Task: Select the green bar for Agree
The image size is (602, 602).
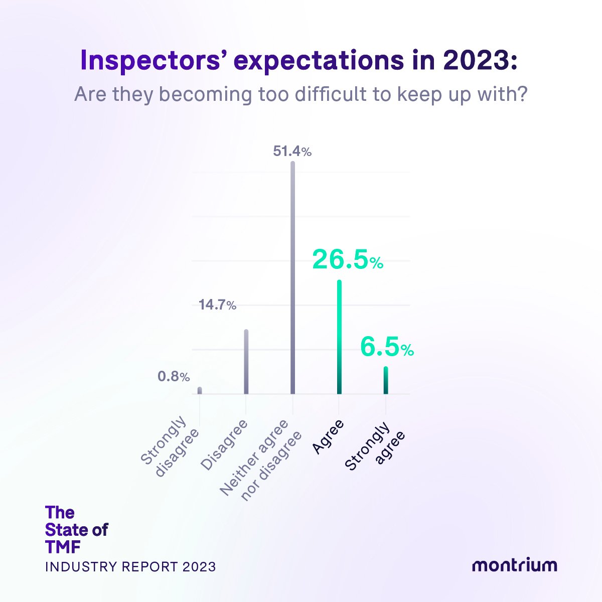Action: (339, 337)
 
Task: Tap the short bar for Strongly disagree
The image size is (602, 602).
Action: (200, 390)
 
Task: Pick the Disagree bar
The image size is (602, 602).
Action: (246, 361)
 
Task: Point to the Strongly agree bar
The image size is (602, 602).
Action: (386, 380)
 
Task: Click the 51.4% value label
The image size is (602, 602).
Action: (292, 151)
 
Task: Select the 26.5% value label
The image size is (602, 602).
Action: (347, 260)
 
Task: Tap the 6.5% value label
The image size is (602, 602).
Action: (386, 348)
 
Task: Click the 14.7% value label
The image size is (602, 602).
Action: (217, 305)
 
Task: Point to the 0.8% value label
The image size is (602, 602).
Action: (174, 376)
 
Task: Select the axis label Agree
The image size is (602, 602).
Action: (328, 437)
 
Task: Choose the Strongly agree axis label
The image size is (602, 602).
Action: (375, 446)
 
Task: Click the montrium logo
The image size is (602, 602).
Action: (514, 565)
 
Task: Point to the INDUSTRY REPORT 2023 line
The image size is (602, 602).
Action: (130, 566)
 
